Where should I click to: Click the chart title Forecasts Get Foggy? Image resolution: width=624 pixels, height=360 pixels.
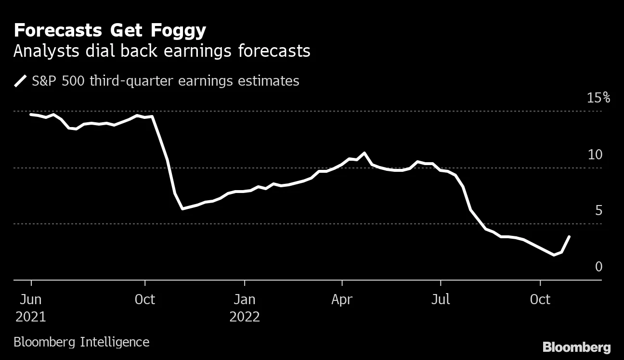tap(110, 31)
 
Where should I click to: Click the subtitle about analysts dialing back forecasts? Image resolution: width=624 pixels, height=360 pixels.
tap(162, 51)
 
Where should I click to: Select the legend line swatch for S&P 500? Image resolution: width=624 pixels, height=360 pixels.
tap(21, 81)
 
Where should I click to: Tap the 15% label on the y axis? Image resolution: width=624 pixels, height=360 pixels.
tap(598, 98)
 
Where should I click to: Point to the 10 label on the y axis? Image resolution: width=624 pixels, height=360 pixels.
tap(595, 154)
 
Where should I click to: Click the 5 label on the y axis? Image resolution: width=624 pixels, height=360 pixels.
tap(598, 210)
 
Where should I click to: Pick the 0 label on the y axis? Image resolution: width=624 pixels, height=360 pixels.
tap(598, 267)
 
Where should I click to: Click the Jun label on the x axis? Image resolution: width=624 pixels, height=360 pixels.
tap(30, 299)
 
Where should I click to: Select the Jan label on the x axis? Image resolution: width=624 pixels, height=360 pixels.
tap(245, 299)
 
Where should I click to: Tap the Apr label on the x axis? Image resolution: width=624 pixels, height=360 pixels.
tap(342, 299)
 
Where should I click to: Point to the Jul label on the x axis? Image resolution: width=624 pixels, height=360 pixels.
tap(440, 299)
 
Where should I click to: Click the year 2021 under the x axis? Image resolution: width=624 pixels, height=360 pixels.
tap(30, 317)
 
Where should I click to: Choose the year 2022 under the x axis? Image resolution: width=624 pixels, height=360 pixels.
tap(245, 317)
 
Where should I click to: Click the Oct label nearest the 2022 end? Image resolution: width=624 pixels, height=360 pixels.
tap(540, 299)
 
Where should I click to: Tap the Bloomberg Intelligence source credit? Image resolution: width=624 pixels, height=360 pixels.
tap(81, 342)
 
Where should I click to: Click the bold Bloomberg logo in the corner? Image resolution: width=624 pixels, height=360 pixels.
tap(576, 347)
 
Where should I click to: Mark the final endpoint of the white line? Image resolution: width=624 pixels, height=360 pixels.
tap(570, 236)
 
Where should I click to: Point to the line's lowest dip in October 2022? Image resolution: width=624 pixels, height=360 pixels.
tap(554, 255)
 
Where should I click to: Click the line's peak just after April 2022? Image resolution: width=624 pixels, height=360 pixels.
tap(364, 153)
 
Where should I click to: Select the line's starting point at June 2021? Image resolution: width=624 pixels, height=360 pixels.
tap(31, 114)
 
